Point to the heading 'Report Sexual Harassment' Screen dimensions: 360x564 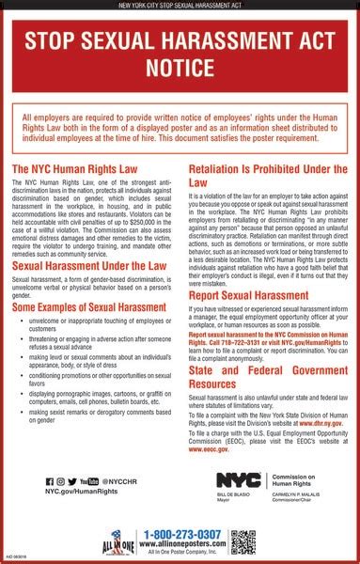(x=247, y=321)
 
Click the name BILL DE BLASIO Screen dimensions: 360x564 (x=230, y=494)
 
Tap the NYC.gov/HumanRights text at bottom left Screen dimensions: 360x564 (x=80, y=493)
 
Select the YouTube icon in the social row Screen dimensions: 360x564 (x=89, y=480)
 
